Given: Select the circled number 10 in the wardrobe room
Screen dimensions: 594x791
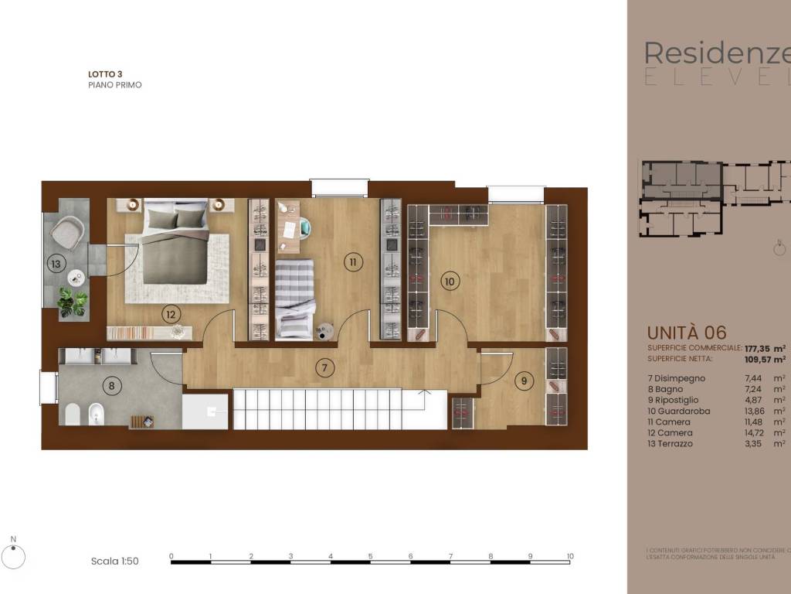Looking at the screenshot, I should (449, 282).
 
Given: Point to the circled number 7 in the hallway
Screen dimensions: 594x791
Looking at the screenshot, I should (325, 367).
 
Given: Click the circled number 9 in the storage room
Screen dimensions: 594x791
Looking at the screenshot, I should (525, 381).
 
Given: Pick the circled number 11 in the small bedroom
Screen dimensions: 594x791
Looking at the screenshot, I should (353, 262).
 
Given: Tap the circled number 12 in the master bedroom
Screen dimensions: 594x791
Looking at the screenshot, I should (171, 313).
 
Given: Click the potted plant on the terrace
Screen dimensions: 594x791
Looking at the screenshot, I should (73, 302).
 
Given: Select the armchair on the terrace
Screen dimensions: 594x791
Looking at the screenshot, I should (68, 231).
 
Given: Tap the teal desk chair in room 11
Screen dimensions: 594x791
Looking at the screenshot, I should (304, 227).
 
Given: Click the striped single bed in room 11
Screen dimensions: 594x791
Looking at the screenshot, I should (294, 298).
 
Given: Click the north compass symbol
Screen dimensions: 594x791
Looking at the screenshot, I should (13, 555).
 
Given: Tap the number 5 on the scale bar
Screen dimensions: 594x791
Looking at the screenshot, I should (370, 555).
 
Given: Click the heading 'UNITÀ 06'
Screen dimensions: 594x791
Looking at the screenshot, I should (686, 333).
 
